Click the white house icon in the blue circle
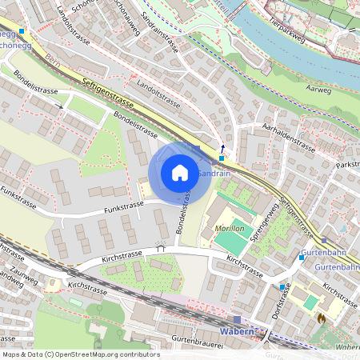click(x=179, y=172)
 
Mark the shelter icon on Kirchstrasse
click(x=161, y=248)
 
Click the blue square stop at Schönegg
click(x=22, y=33)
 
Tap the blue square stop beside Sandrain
click(x=222, y=158)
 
